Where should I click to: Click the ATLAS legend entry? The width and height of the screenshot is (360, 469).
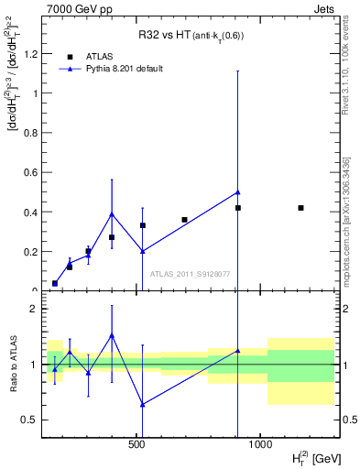click(x=99, y=56)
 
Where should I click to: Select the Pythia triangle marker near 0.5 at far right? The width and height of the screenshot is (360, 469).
click(x=237, y=192)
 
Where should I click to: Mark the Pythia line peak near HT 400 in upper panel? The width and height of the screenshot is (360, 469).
click(x=112, y=214)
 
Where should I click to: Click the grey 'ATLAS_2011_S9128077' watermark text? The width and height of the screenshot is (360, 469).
click(x=190, y=273)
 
